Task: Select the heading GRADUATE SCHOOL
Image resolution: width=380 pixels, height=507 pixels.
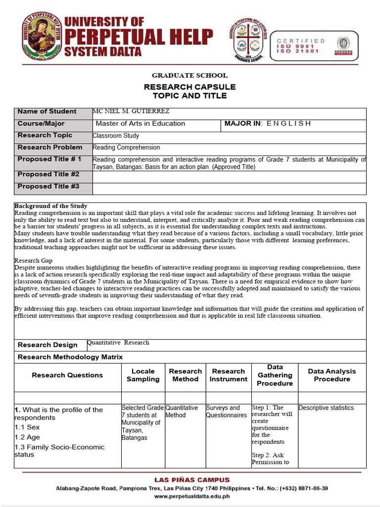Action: coord(190,75)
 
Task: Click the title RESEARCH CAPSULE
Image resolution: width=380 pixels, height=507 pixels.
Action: coord(190,87)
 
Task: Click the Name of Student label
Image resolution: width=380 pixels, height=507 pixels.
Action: coord(47,111)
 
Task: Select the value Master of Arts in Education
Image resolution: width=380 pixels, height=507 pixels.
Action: coord(140,124)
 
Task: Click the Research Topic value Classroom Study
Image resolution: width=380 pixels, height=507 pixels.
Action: coord(116,136)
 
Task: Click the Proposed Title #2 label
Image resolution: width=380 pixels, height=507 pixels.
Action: coord(48,174)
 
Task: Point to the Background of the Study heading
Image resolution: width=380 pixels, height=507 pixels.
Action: coord(50,206)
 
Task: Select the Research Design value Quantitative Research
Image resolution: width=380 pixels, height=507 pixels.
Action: coord(118,343)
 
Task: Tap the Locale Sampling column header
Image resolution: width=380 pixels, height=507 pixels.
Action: coord(143,375)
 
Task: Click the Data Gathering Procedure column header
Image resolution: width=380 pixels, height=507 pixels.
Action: coord(275,375)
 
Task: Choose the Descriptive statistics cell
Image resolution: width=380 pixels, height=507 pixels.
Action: coord(326,408)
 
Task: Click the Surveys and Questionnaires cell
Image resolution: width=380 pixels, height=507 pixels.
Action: coord(226,411)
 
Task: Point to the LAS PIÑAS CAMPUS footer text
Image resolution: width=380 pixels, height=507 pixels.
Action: coord(192,480)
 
